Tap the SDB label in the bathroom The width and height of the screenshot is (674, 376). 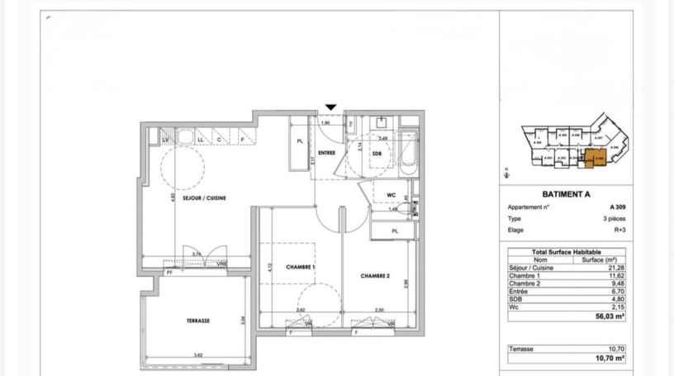pyautogui.click(x=377, y=155)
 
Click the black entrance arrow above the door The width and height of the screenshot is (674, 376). pyautogui.click(x=331, y=107)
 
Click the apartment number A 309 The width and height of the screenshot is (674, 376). pyautogui.click(x=616, y=207)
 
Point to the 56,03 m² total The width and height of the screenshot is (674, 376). pyautogui.click(x=612, y=316)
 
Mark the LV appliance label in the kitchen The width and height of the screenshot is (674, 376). pyautogui.click(x=165, y=139)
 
